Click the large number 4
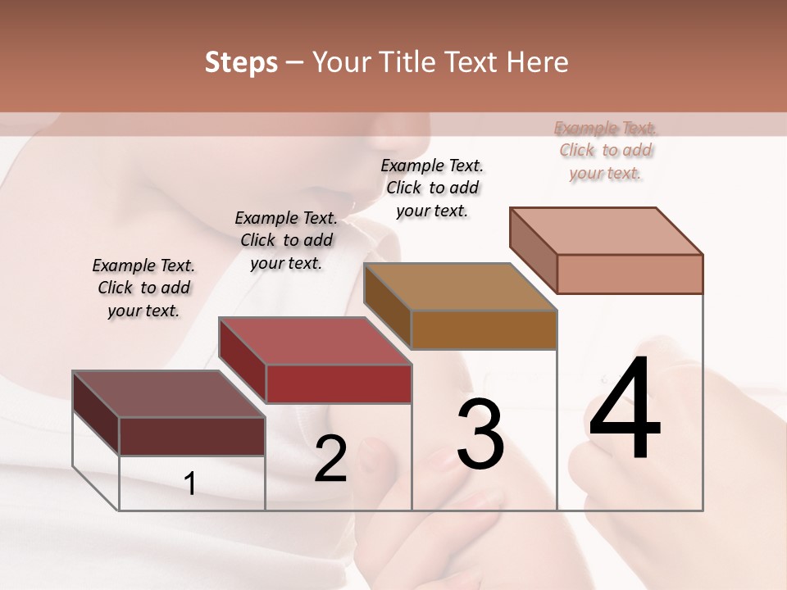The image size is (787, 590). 625,410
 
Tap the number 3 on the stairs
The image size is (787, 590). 480,435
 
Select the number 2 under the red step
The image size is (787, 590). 330,459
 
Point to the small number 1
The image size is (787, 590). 190,484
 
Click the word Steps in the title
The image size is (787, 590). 241,62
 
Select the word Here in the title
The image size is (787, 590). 538,62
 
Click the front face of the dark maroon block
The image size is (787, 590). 192,436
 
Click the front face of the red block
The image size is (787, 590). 338,383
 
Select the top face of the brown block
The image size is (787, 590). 460,287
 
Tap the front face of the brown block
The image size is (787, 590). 484,329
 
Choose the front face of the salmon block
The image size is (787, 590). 630,274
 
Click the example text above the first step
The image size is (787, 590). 143,288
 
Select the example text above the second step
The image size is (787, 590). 286,240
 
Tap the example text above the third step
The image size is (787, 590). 432,188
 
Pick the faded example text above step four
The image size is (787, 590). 606,151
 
